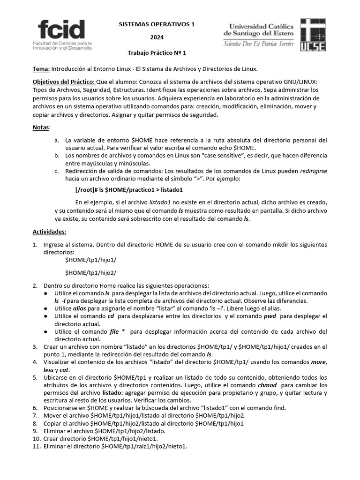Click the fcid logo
click(65, 34)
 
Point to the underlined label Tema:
click(41, 69)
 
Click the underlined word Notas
click(41, 127)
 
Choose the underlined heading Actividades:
click(49, 232)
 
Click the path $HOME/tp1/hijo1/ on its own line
click(91, 260)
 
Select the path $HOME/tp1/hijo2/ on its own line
click(91, 273)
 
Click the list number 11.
click(36, 446)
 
